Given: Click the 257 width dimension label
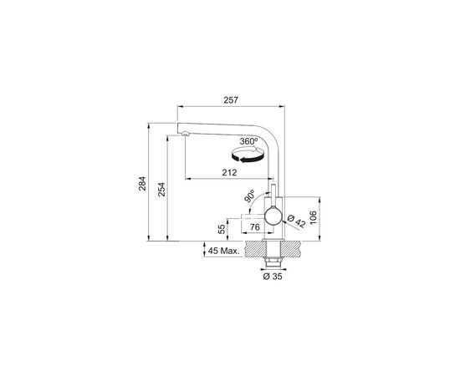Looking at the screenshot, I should pos(232,100).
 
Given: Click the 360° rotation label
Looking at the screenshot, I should pos(248,142).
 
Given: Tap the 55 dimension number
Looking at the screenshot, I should pos(222,228).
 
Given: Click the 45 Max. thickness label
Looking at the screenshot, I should pos(225,250).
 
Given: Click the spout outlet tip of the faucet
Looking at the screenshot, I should pos(181,133).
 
